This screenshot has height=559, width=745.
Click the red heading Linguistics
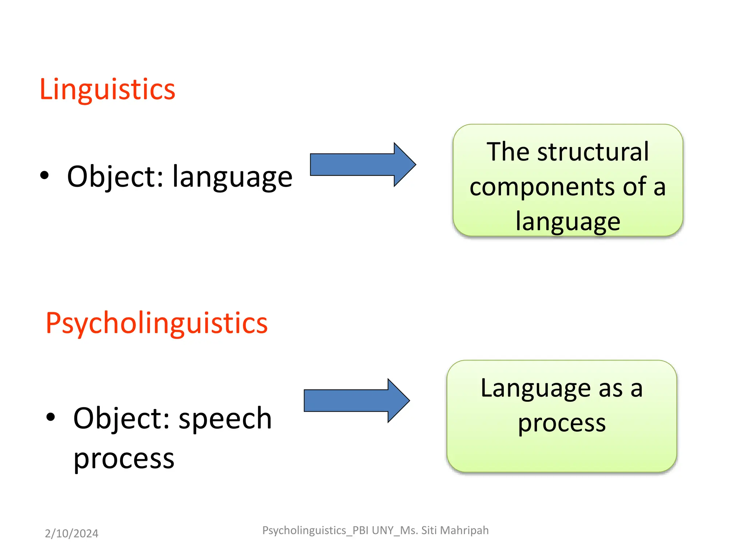tap(107, 89)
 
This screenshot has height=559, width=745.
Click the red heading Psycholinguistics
tap(156, 323)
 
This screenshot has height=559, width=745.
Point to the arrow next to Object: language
tap(362, 164)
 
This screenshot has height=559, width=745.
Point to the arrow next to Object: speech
tap(356, 400)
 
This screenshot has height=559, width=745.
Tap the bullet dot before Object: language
tap(44, 176)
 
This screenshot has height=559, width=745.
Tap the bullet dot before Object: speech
tap(51, 417)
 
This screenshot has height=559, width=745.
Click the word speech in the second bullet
tap(225, 419)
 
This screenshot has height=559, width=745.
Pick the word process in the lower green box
tap(562, 423)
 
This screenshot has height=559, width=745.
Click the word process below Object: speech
tap(124, 459)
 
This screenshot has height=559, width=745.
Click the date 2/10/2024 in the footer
tap(71, 534)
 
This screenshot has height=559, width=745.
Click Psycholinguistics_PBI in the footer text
tap(315, 531)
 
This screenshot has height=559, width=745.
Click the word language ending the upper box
tap(567, 222)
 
